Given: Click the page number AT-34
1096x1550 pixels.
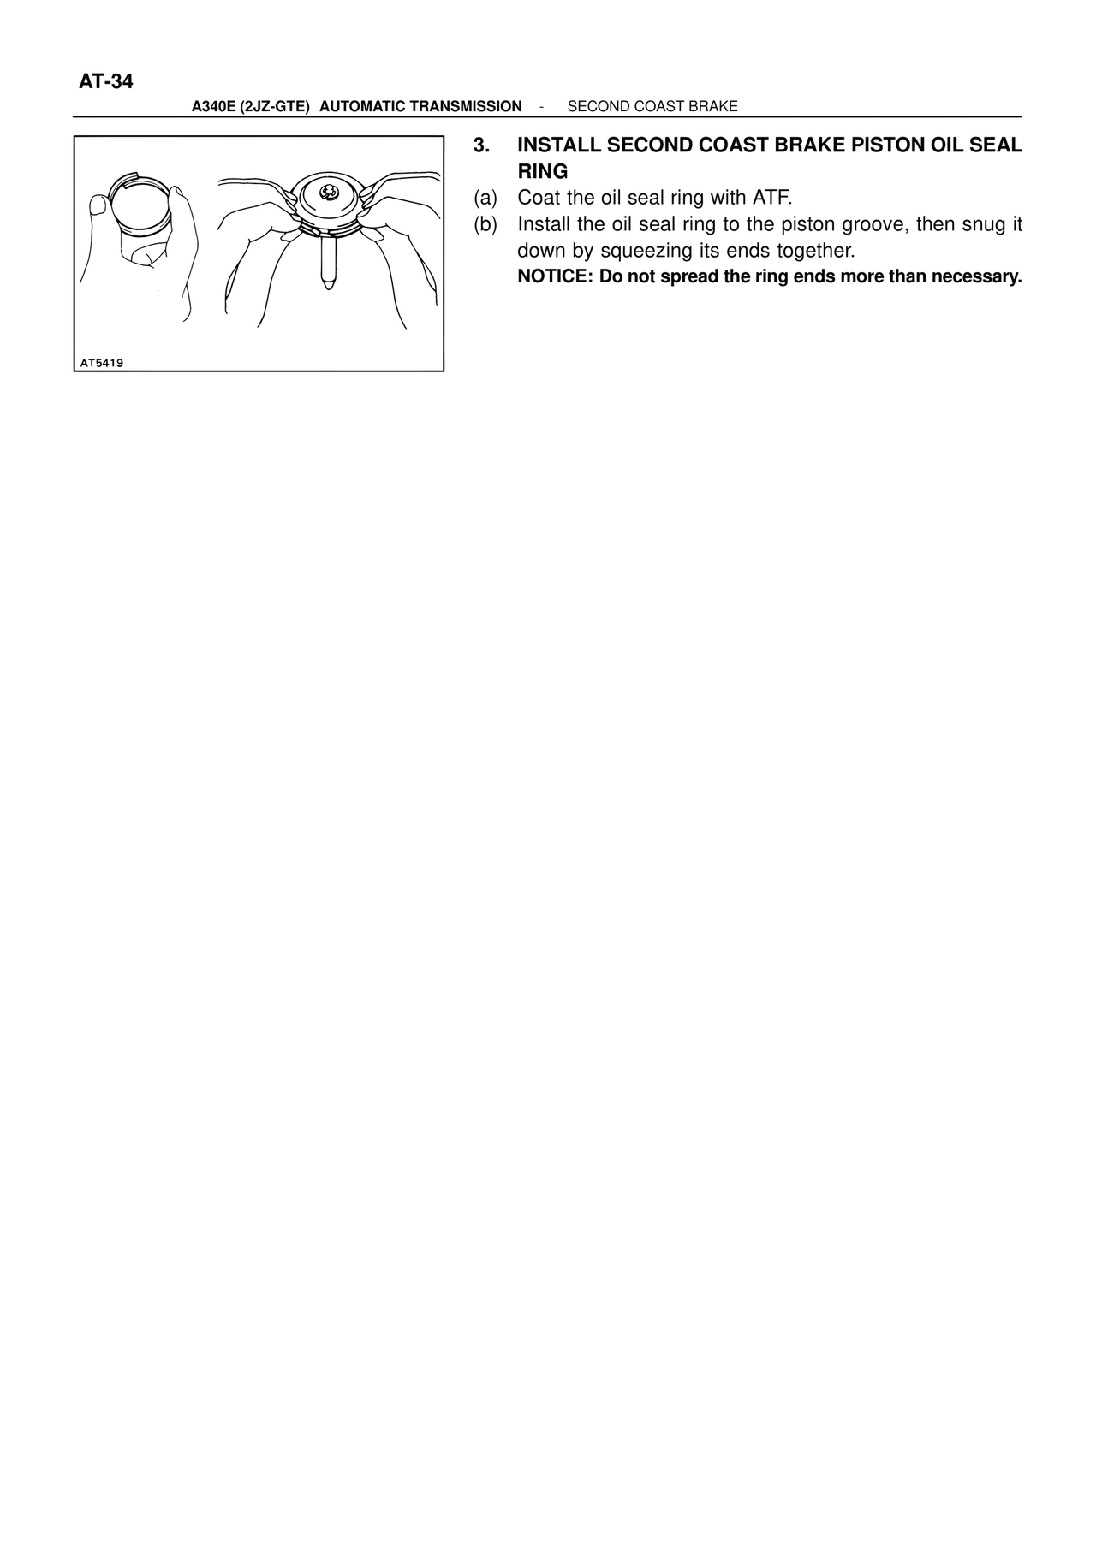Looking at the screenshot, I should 106,82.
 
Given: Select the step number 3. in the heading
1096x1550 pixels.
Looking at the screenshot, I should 482,145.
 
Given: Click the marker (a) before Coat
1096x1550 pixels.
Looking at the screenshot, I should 485,199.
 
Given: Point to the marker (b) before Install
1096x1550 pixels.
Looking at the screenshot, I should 485,225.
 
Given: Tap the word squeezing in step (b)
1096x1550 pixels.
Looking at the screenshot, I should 646,252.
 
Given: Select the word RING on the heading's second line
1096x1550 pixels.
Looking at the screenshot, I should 543,171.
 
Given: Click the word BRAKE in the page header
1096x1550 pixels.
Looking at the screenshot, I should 715,106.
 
